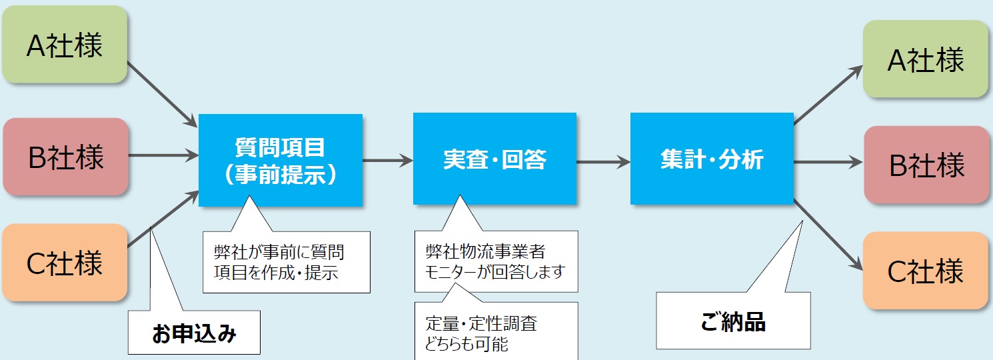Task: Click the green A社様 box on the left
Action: coord(65,45)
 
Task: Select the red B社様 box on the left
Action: coord(65,157)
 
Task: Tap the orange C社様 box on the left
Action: coord(65,263)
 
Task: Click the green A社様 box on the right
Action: coord(926,59)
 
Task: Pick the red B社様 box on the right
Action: coord(926,165)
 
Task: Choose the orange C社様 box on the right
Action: coord(926,271)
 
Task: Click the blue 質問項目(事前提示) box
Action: coord(280,160)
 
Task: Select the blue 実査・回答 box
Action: coord(495,159)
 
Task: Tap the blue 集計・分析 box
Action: coord(712,159)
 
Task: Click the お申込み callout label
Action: coord(194,333)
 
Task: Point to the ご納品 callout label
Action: coord(733,321)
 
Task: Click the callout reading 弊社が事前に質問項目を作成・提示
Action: coord(287,262)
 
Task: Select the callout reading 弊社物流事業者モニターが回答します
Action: coord(496,261)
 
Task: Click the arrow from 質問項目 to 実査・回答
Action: coord(388,160)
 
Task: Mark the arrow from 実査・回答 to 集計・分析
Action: coord(603,161)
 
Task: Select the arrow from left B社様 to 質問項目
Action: coord(163,155)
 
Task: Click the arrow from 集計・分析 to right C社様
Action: coord(828,235)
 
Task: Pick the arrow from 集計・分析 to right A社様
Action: coord(828,95)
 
